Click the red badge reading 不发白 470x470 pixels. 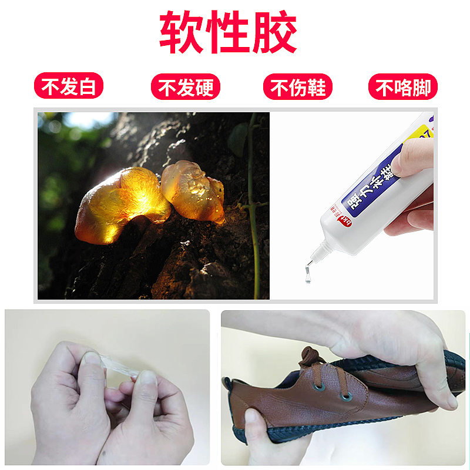[68, 87]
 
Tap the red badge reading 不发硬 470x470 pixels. [186, 88]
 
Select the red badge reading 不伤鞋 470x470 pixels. [298, 88]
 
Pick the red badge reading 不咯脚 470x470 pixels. [403, 88]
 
